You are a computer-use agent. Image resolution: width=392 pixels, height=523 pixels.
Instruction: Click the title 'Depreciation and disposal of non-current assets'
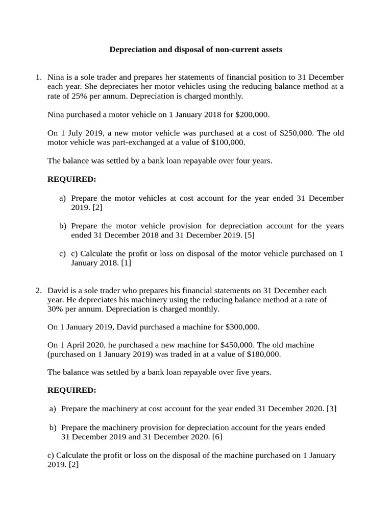tap(196, 50)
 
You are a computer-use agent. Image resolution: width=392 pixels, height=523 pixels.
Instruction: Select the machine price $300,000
tap(241, 327)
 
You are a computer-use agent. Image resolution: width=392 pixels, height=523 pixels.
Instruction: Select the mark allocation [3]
tap(331, 409)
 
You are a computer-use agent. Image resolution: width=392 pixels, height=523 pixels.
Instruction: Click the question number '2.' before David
tap(38, 291)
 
